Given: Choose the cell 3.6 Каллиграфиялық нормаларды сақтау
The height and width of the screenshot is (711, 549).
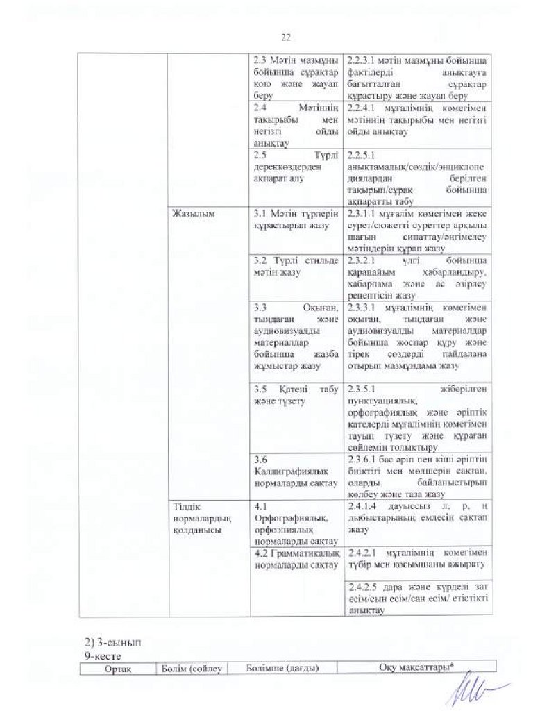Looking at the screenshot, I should pos(296,471).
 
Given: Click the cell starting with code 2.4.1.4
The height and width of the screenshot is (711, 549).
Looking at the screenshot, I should pos(416,517).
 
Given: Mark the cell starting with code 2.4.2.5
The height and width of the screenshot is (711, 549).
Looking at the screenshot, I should pos(416,599).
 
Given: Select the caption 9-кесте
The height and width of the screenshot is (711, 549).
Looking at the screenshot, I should pos(101,654).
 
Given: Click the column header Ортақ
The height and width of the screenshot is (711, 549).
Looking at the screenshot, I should pos(117,668).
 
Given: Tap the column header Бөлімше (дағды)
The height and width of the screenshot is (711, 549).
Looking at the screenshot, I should pos(282,668).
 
